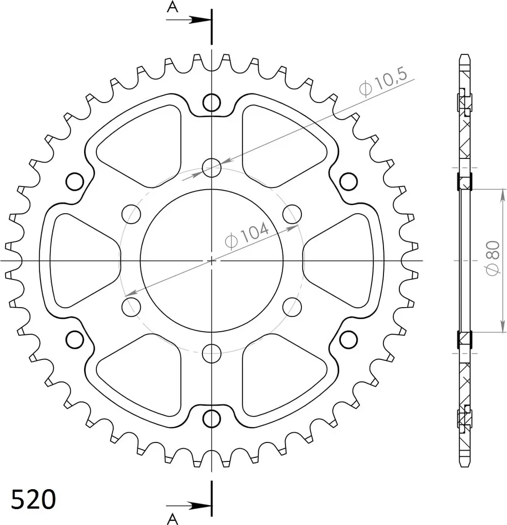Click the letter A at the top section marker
coord(173,7)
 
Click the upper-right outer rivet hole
coord(348,181)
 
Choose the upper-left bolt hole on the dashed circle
coord(131,213)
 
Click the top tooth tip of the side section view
coord(464,56)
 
